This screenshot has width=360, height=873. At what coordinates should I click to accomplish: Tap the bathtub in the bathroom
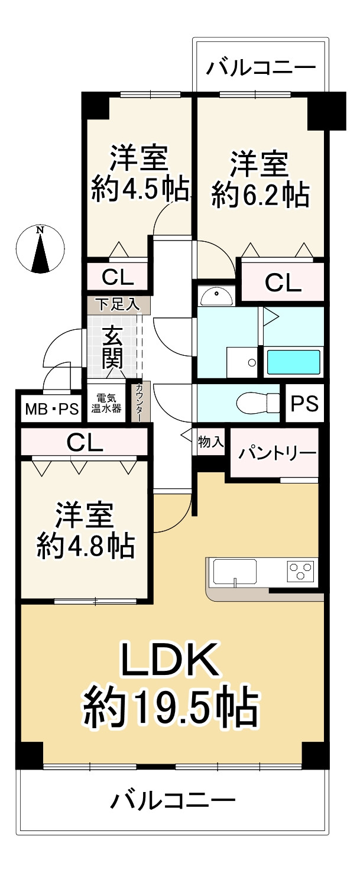pos(293,362)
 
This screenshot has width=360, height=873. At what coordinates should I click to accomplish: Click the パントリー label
pos(277,454)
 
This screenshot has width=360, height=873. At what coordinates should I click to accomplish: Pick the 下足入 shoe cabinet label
pos(118,305)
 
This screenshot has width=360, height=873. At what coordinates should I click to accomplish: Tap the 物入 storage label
pos(210,442)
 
